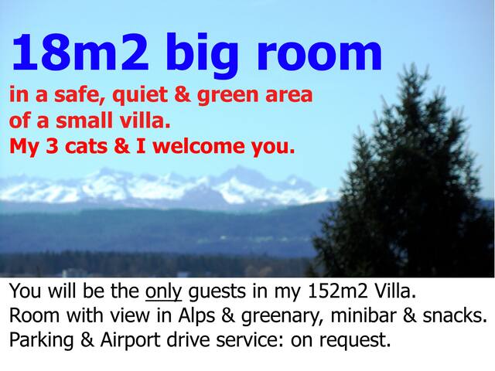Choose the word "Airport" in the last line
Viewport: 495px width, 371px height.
coord(135,340)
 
